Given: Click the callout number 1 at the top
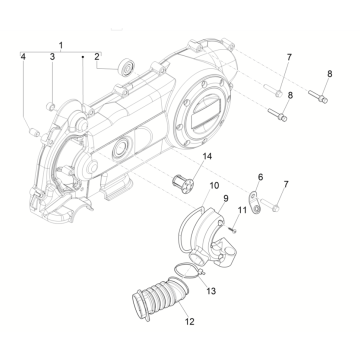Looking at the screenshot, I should (61, 47).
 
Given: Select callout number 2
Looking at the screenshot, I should (97, 58).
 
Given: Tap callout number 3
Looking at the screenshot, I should (51, 58).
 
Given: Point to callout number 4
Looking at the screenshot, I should (21, 58).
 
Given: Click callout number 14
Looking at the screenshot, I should (208, 158).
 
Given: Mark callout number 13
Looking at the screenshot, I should (211, 291).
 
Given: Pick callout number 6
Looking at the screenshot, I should (261, 176).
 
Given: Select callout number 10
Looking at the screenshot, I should (215, 186).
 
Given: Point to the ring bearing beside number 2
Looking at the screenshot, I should (125, 66).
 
